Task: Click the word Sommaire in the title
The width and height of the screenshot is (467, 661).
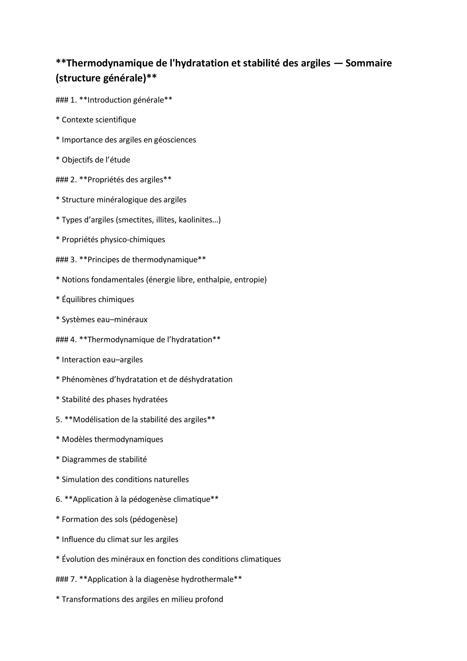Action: tap(368, 63)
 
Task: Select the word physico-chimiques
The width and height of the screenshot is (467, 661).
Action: tap(133, 240)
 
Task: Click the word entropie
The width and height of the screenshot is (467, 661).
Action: tap(250, 279)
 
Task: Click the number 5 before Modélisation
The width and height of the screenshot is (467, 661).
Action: tap(58, 419)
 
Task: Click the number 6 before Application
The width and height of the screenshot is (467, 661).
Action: tap(58, 499)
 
